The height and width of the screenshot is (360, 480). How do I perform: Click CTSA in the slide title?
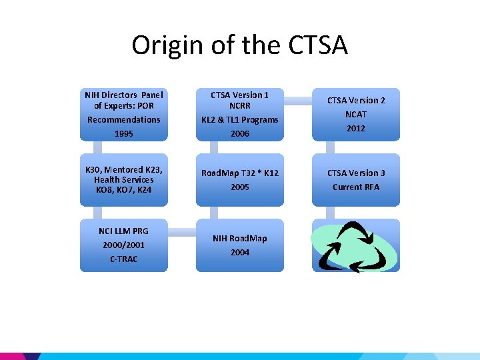(x=319, y=45)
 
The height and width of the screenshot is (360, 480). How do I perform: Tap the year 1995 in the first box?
(x=123, y=133)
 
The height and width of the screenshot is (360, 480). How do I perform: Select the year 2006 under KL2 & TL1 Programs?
(x=239, y=133)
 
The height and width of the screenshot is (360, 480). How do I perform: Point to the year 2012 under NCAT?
(x=355, y=128)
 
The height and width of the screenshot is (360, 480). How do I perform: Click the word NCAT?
(x=355, y=114)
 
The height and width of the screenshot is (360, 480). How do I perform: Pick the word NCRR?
(x=239, y=105)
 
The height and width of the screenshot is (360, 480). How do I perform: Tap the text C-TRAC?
(x=123, y=259)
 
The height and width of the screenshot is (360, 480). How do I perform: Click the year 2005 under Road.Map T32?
(x=239, y=187)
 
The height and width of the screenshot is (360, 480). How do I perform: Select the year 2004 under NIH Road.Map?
(x=239, y=253)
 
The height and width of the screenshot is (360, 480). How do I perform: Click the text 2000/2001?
(x=123, y=245)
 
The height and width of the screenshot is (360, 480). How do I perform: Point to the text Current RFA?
(x=355, y=187)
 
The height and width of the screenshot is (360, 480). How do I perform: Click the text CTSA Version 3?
(x=355, y=173)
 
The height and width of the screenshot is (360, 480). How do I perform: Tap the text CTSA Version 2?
(x=355, y=100)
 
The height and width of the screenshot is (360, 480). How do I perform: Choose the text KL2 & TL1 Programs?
(x=239, y=120)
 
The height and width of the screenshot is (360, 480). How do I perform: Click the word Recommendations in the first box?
(x=123, y=120)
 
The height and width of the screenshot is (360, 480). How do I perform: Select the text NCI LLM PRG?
(x=123, y=231)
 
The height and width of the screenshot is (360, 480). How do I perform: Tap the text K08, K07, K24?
(x=123, y=189)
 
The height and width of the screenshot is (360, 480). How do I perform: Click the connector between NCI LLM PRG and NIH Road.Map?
(x=181, y=233)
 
